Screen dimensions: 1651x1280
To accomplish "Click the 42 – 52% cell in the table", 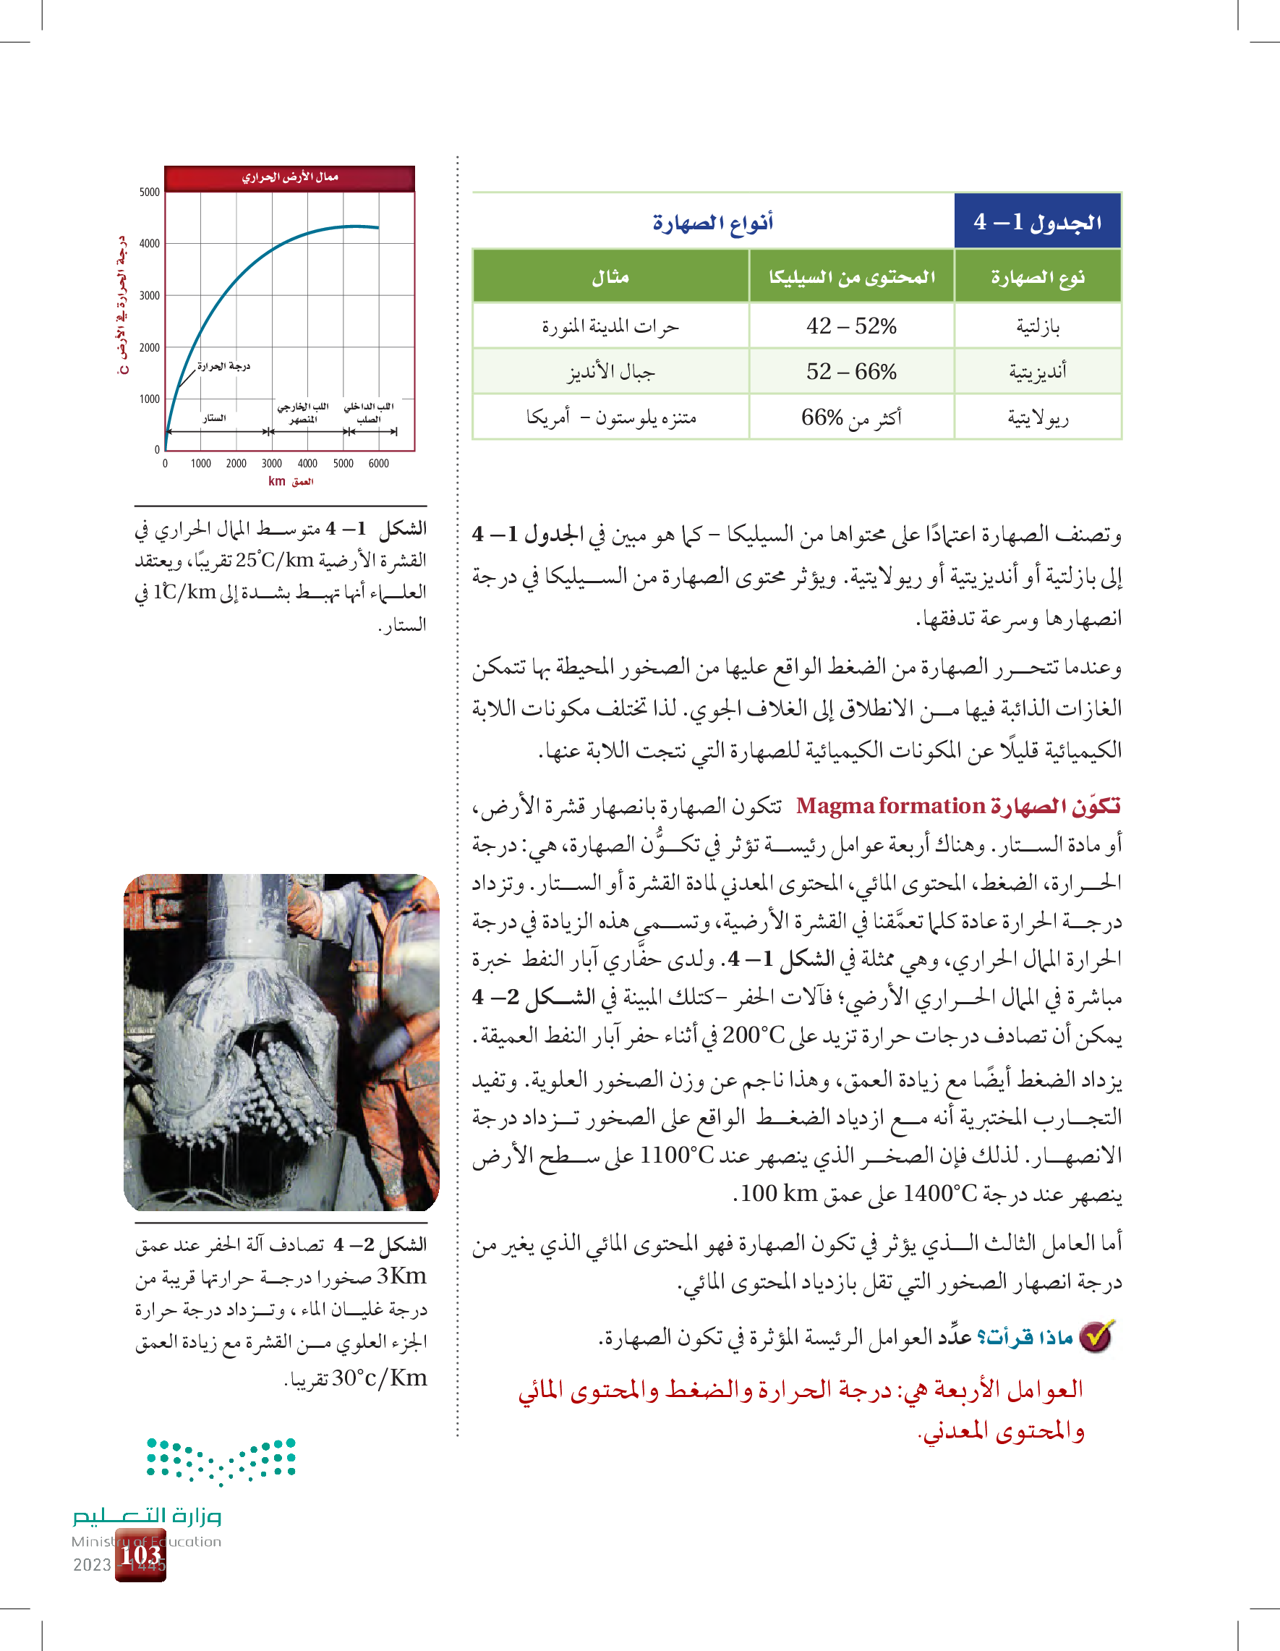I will [851, 326].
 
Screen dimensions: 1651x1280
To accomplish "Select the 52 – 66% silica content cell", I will [851, 371].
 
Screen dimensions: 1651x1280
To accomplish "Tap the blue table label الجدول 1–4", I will [1037, 221].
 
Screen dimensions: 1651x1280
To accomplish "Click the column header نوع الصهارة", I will [1037, 277].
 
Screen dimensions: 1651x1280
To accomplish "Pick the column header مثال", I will [610, 277].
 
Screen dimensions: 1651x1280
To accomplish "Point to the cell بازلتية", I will [1038, 326].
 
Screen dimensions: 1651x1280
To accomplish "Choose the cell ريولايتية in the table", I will [1038, 417].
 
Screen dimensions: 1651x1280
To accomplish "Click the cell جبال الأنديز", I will [610, 372].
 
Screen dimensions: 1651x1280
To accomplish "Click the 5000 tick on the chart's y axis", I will [150, 192].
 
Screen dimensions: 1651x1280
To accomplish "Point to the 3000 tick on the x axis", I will [271, 464].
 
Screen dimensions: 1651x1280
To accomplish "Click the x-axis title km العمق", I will [290, 482].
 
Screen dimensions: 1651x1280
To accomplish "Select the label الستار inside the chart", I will [214, 418].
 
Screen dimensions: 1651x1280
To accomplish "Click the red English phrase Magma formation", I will [890, 806].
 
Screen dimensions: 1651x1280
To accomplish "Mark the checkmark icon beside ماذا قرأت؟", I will [1096, 1337].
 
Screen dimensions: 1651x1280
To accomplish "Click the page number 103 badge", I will [141, 1555].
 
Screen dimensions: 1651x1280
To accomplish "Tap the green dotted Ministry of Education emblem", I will [221, 1460].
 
